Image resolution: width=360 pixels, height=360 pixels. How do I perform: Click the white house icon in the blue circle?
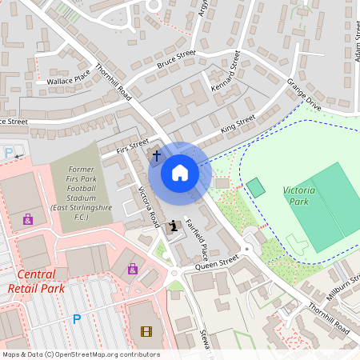click(x=180, y=173)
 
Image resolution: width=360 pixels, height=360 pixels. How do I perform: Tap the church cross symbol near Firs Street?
click(x=156, y=154)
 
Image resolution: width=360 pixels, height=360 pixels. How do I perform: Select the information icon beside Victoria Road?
click(x=174, y=226)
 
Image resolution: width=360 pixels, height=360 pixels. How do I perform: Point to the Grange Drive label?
click(x=303, y=94)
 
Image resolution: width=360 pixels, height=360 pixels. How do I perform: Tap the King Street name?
click(x=238, y=124)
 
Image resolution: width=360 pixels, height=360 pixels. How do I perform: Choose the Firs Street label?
click(x=133, y=146)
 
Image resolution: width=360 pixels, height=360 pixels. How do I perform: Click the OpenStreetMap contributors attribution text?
click(x=80, y=354)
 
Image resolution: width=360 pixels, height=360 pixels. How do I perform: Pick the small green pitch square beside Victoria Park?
click(x=255, y=188)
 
